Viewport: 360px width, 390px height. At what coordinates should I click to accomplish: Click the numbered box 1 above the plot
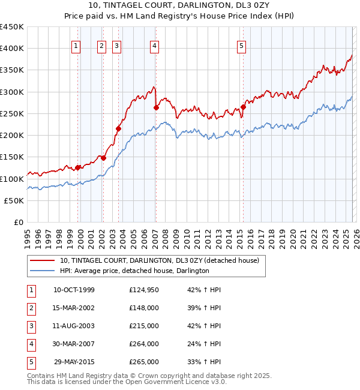point(77,46)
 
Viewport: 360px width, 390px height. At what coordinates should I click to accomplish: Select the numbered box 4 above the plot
point(155,46)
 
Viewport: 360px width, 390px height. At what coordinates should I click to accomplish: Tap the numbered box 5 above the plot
point(241,46)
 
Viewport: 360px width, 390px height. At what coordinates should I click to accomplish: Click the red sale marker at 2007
point(156,108)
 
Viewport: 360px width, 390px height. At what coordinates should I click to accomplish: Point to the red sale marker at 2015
point(244,107)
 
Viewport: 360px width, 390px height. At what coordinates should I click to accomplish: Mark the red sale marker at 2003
point(118,128)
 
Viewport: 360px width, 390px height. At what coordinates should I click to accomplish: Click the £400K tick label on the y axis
point(12,49)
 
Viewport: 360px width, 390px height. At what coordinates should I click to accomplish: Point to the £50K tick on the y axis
point(14,201)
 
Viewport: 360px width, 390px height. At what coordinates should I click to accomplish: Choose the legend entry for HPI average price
point(134,271)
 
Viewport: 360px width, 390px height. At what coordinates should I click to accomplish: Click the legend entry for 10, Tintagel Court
point(159,260)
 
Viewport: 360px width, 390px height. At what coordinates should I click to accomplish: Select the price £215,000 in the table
point(144,326)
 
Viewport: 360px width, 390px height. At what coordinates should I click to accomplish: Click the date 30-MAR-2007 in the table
point(74,344)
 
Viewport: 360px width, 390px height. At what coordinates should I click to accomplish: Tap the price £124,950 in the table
point(144,290)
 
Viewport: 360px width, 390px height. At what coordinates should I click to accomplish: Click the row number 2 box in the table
point(31,308)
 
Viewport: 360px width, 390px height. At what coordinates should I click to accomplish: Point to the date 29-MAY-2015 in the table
point(74,362)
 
